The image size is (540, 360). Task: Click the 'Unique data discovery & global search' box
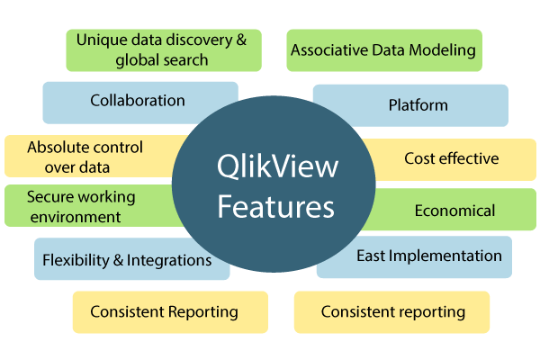point(162,50)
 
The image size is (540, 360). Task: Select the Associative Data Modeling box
point(383,50)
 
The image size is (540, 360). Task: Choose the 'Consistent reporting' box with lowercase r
point(392,312)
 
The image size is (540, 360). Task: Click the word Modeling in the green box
point(442,50)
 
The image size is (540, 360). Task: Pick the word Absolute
point(56,147)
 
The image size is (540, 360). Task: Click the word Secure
point(50,197)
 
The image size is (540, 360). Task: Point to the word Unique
point(101,40)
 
